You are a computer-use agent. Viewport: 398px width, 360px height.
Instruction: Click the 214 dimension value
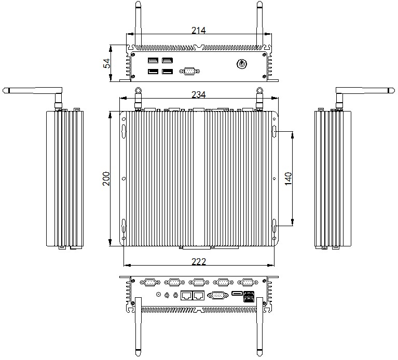click(x=199, y=31)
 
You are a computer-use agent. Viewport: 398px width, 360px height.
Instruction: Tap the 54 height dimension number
click(x=107, y=63)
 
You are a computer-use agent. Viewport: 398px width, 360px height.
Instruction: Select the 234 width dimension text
click(x=199, y=94)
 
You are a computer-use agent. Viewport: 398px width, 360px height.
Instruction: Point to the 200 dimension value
click(x=106, y=178)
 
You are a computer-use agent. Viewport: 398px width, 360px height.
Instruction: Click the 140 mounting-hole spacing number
click(x=289, y=178)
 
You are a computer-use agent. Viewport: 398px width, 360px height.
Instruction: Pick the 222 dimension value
click(x=199, y=261)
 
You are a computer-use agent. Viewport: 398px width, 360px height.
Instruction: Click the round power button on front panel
click(x=241, y=64)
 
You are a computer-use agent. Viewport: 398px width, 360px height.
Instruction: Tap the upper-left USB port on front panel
click(x=153, y=60)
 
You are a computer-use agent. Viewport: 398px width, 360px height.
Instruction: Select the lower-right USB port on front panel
click(x=168, y=72)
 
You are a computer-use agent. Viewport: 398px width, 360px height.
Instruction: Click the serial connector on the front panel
click(x=189, y=71)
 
